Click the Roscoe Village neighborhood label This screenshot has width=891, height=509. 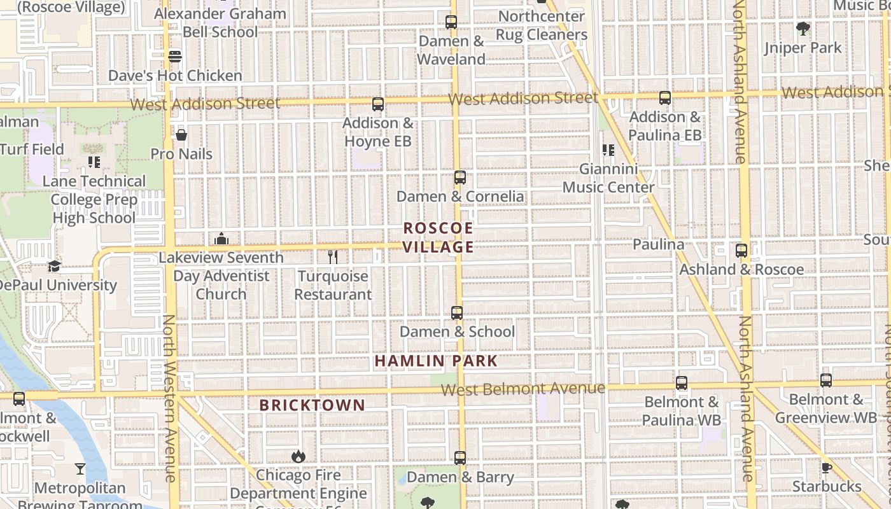pos(438,237)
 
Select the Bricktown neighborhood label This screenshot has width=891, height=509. pos(312,405)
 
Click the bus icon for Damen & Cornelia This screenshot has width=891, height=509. pos(460,178)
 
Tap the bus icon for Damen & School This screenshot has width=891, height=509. pos(457,313)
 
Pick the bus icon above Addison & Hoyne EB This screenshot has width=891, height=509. pos(378,104)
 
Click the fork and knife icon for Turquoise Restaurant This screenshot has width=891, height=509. pos(332,257)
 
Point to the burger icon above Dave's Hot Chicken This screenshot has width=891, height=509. pos(175,57)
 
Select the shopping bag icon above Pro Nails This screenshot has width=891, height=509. pos(181,135)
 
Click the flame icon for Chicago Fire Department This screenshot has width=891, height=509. pos(298,456)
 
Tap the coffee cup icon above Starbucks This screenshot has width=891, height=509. pos(826,468)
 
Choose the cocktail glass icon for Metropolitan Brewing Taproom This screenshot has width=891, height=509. pos(80,469)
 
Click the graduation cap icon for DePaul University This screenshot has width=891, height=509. pos(54,267)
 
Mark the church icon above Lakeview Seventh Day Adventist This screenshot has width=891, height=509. pos(221,239)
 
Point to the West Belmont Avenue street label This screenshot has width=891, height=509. pos(523,388)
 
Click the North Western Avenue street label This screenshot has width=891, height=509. pos(169,398)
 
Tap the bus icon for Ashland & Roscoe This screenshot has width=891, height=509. pos(741,251)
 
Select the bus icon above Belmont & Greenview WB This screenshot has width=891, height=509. pos(826,380)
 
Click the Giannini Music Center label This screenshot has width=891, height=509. pos(608,178)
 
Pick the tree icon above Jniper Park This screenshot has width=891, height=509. pos(803,29)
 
